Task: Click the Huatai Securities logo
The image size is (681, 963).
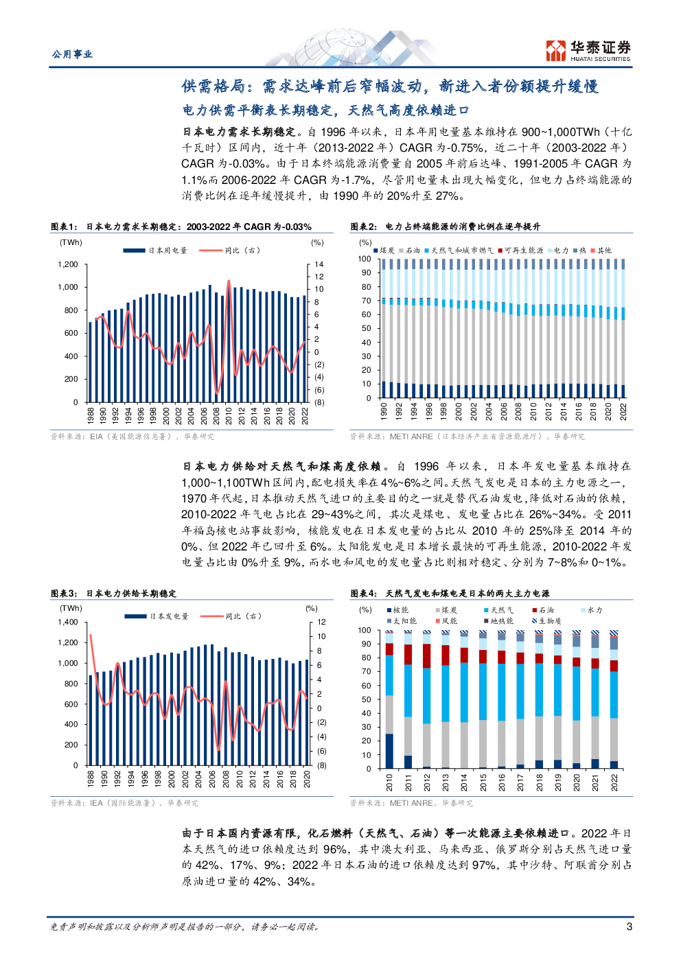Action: point(588,51)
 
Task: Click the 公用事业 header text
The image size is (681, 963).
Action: point(72,54)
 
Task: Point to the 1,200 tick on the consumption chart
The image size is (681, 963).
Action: point(68,264)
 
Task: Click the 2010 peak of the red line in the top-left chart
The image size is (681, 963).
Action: point(229,281)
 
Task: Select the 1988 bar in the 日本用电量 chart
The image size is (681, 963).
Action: point(90,362)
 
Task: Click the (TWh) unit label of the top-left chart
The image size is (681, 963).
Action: point(71,242)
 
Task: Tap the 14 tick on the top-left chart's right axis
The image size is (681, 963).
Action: point(319,264)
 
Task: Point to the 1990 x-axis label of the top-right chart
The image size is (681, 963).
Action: point(384,410)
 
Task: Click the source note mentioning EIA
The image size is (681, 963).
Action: point(132,437)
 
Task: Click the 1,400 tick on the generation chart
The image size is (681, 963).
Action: point(68,622)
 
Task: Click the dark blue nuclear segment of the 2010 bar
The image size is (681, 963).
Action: point(389,751)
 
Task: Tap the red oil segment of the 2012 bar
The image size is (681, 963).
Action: point(427,655)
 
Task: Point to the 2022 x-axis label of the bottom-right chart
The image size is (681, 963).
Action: point(614,782)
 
